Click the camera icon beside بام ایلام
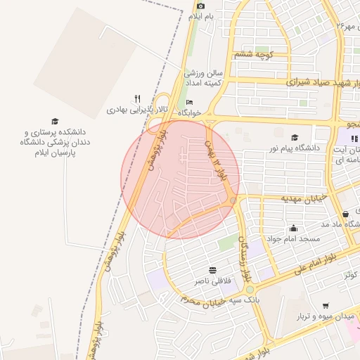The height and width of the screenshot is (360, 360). pyautogui.click(x=200, y=6)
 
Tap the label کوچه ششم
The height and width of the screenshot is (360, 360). pyautogui.click(x=254, y=54)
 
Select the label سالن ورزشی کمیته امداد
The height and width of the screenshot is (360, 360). pyautogui.click(x=203, y=77)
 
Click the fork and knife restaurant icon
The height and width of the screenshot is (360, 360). pyautogui.click(x=138, y=99)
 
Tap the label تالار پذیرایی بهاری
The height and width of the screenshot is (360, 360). pyautogui.click(x=129, y=110)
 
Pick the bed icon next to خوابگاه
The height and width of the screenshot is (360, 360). pyautogui.click(x=190, y=103)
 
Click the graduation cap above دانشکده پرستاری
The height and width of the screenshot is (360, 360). pyautogui.click(x=55, y=122)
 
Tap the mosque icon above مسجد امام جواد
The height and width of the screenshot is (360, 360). pyautogui.click(x=293, y=228)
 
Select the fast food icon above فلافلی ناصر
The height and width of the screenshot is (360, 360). pyautogui.click(x=212, y=271)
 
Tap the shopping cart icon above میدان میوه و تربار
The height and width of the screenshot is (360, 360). pyautogui.click(x=325, y=306)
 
